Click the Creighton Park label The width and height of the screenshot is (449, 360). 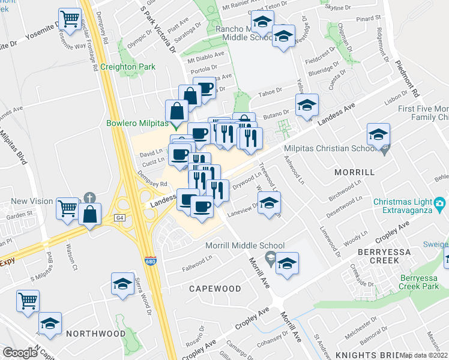coord(128,67)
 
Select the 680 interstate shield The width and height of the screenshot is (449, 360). coord(151,262)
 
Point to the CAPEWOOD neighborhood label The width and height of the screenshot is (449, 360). coord(215,289)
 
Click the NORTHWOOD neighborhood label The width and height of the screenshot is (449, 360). coord(96,333)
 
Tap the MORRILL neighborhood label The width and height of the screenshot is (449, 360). coord(354,172)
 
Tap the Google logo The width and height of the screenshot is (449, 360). coord(20,353)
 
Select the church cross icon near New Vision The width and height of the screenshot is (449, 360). coord(89,197)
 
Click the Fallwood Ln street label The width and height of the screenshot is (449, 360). coord(197,259)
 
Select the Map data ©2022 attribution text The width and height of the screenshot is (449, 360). coord(423,355)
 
